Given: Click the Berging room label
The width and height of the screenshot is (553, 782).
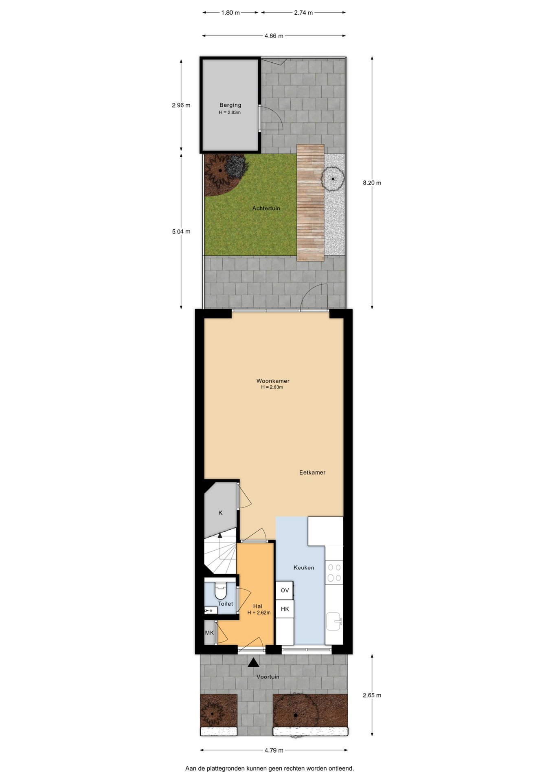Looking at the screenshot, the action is tap(230, 105).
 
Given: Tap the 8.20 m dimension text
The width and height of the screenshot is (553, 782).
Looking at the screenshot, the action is tap(372, 183).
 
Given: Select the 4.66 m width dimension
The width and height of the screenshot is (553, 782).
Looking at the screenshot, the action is tap(274, 36).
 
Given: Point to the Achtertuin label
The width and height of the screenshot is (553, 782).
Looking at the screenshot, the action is tap(266, 208).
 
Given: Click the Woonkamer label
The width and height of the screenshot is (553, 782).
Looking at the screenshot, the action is tap(273, 381).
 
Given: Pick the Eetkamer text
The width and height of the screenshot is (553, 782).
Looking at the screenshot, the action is tap(312, 472).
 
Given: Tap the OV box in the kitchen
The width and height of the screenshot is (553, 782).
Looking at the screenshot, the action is tap(285, 590).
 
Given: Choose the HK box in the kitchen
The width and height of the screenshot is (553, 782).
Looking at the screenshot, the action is tap(285, 609).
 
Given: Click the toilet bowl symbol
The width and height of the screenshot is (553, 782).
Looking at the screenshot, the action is tap(220, 587).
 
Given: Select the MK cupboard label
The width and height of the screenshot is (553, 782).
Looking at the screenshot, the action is tap(209, 633).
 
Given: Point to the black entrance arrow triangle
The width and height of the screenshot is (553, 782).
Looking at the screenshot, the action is tap(253, 662).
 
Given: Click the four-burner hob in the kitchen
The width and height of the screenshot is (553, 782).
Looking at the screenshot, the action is tap(334, 572).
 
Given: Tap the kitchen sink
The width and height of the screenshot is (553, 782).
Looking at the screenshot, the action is tap(334, 621).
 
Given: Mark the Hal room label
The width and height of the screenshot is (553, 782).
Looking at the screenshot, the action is tap(258, 606).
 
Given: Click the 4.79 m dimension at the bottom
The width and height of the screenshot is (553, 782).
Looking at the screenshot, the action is tap(274, 750).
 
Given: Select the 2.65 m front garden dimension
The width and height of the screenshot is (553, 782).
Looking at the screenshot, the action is tap(372, 695).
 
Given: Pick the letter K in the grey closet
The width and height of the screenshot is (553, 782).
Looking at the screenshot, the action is tap(220, 513).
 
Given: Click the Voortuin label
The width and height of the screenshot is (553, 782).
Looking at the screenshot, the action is tap(268, 677).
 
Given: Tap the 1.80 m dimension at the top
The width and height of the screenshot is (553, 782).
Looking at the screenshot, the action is tap(230, 13).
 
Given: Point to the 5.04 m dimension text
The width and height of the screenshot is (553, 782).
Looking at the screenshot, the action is tap(181, 231).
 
